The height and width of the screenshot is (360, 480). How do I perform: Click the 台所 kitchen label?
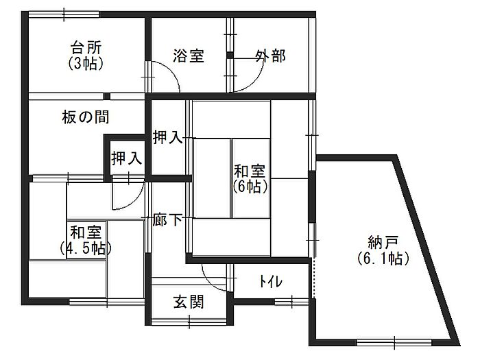click(x=86, y=47)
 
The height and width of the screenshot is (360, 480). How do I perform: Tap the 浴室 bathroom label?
click(x=189, y=56)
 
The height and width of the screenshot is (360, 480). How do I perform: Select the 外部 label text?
click(x=271, y=56)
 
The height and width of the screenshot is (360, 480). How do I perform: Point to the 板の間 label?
click(x=86, y=117)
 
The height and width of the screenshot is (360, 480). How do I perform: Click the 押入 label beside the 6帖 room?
click(x=168, y=137)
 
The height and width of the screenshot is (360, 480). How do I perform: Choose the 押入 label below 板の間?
click(x=126, y=158)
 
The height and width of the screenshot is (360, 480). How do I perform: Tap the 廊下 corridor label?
click(x=167, y=219)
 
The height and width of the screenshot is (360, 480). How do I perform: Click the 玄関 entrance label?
click(x=188, y=302)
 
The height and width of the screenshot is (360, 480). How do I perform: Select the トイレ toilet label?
click(x=270, y=281)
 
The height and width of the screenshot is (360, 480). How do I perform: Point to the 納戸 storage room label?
click(x=383, y=243)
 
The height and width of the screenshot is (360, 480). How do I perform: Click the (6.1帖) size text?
click(x=383, y=259)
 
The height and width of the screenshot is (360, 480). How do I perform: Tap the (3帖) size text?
click(x=86, y=63)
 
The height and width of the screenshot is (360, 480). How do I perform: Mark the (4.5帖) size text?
click(x=86, y=248)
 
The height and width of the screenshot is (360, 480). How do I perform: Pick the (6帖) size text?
click(x=250, y=187)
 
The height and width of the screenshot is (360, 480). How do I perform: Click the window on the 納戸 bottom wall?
click(x=394, y=343)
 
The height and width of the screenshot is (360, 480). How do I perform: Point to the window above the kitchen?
click(x=64, y=14)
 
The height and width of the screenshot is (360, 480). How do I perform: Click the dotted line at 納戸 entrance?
click(x=313, y=278)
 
